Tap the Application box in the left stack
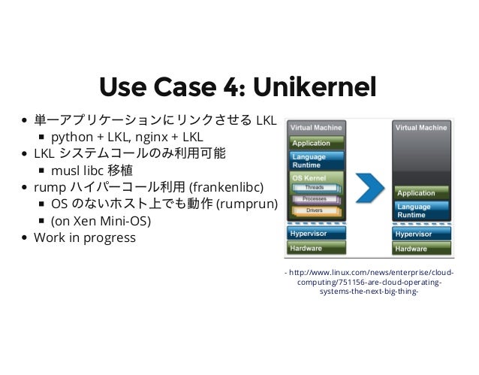click(316, 141)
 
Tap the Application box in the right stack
click(423, 193)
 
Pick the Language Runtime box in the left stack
click(316, 160)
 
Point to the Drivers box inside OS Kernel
click(315, 210)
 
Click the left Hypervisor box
click(316, 234)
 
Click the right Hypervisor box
click(423, 234)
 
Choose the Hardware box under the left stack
click(316, 249)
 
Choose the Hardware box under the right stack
click(423, 249)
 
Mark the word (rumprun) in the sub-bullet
click(247, 204)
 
